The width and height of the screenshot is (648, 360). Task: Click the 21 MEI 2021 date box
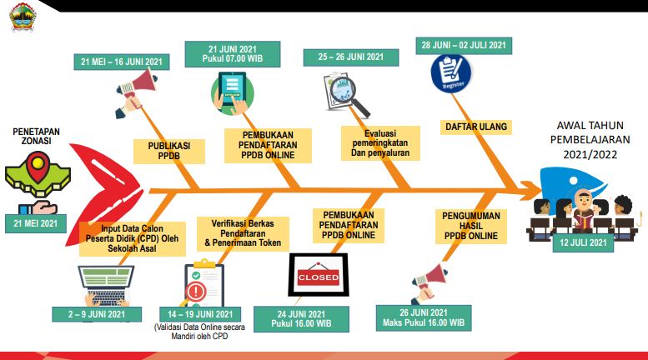pos(35,222)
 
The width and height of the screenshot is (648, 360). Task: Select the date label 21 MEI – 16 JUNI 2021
pos(122,62)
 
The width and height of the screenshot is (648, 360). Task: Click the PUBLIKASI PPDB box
pos(169,150)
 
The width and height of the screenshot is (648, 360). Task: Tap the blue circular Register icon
pos(451,72)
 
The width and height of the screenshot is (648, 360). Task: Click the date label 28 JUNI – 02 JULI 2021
pos(464,44)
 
